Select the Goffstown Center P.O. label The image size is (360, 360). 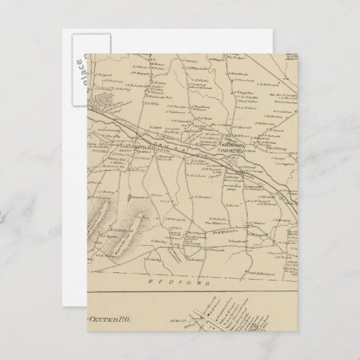[x=236, y=147]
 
